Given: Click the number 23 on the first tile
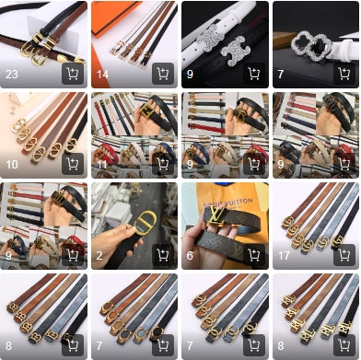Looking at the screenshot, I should (x=13, y=75).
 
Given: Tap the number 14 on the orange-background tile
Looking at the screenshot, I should (x=103, y=75).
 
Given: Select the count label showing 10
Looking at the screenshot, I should (x=13, y=165).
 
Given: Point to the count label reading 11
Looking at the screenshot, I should (x=102, y=165).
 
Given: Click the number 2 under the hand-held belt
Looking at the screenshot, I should (x=99, y=255).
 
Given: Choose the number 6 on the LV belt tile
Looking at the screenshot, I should (x=190, y=255).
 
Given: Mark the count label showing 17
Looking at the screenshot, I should (x=284, y=255).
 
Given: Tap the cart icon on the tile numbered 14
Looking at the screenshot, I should (x=162, y=74).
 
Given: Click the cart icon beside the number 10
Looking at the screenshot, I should (x=72, y=164).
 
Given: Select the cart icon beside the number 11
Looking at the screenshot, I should (x=162, y=164).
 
